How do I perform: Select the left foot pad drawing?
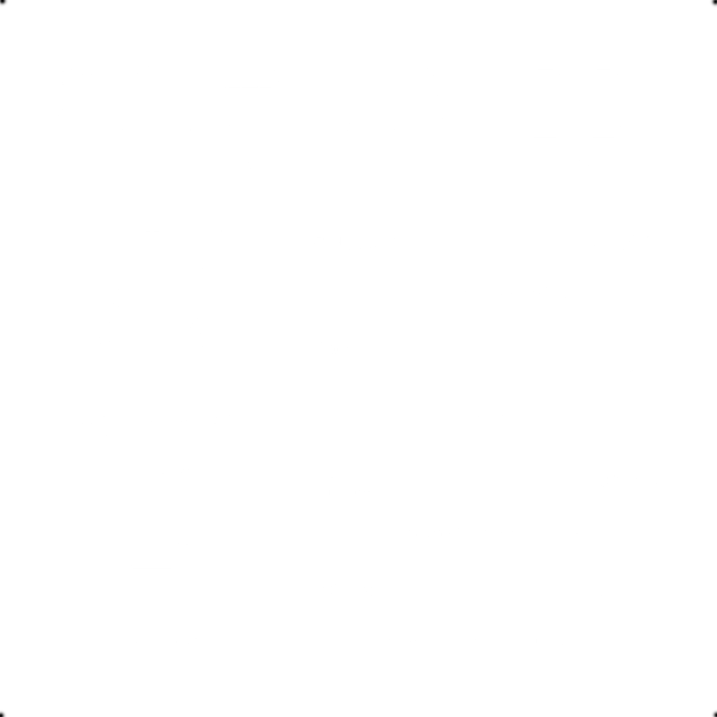[x=545, y=103]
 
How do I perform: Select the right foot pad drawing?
[x=603, y=103]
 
